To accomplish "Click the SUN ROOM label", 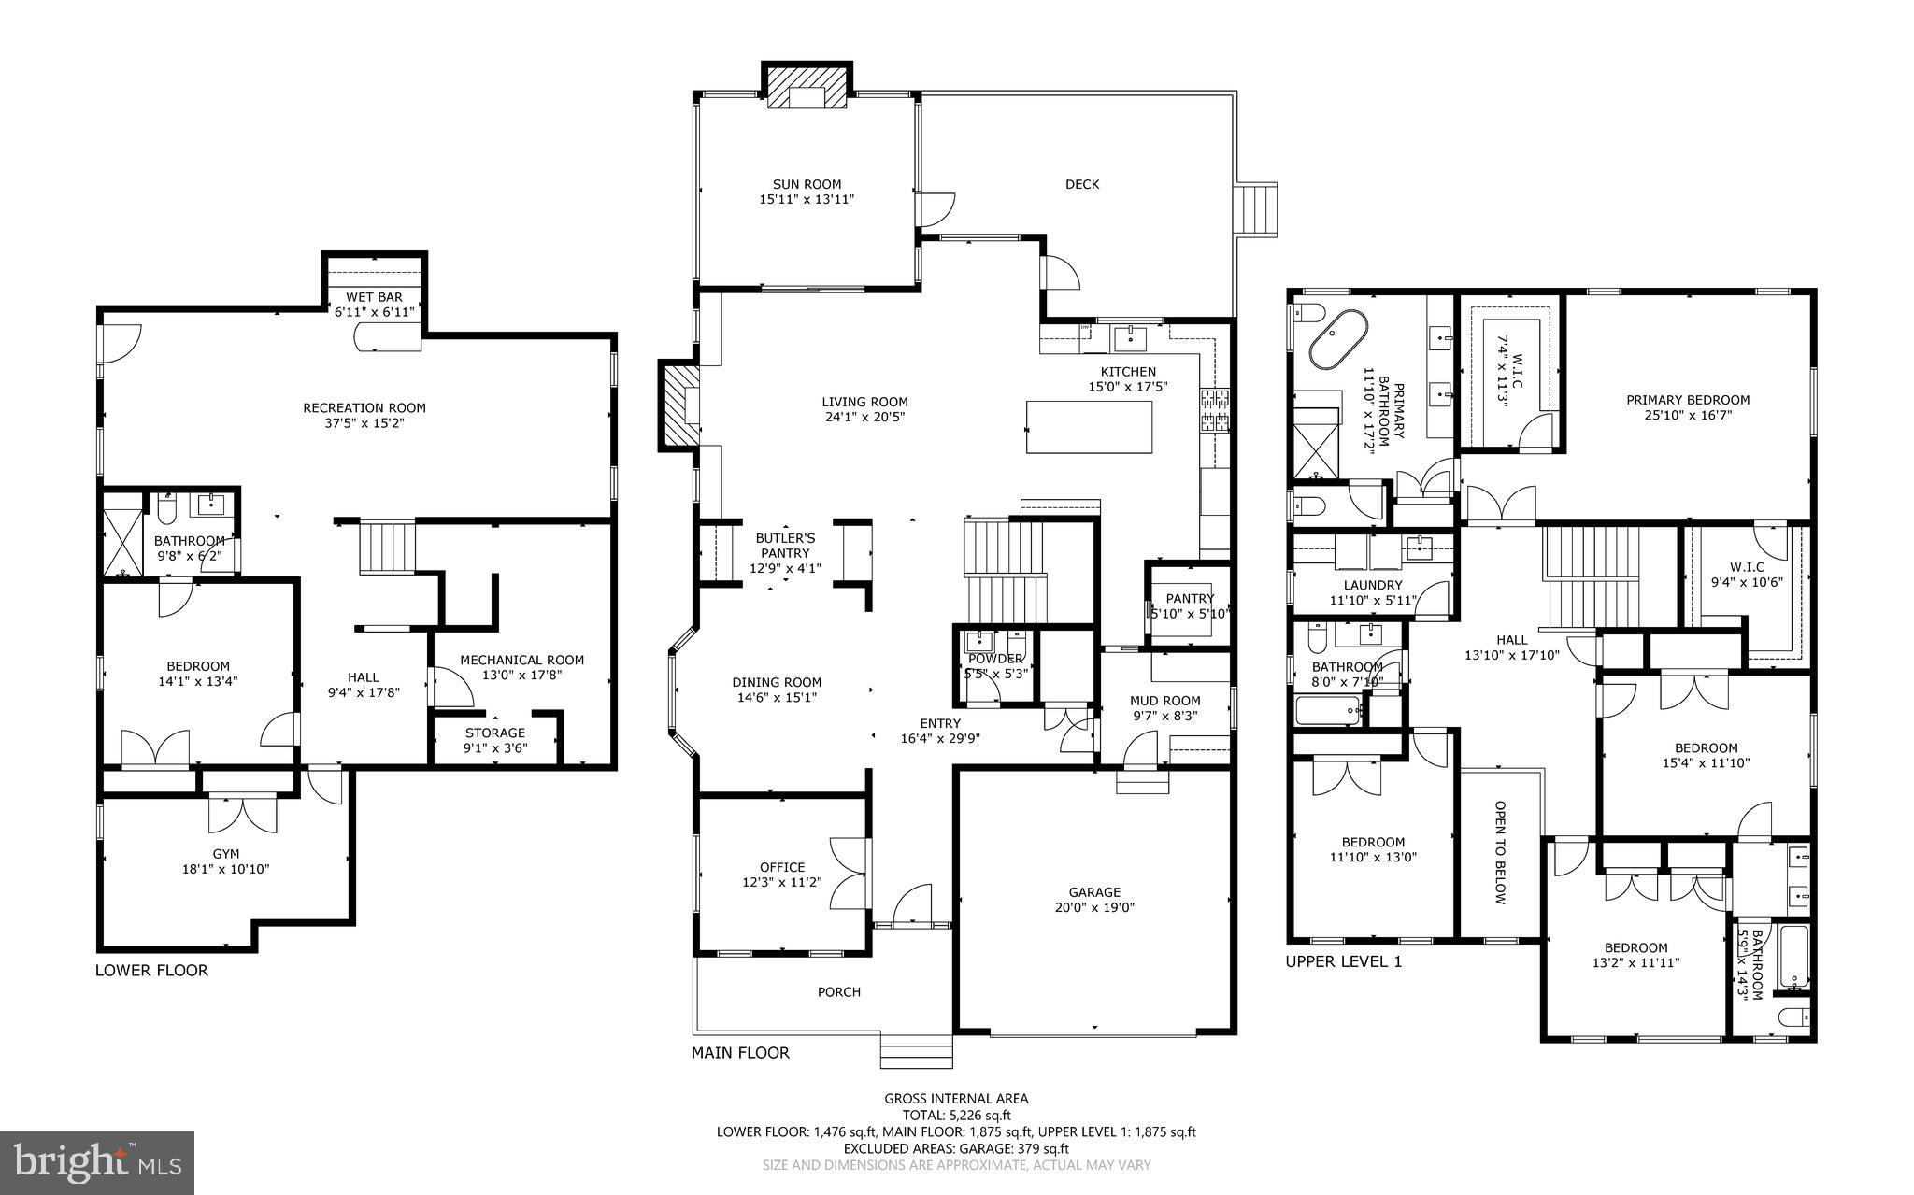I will (806, 184).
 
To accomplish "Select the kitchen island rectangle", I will (1089, 426).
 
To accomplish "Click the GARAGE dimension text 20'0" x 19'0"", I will (1094, 907).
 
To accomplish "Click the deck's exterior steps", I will (1257, 209).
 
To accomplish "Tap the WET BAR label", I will (374, 297).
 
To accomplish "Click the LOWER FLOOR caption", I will (151, 971).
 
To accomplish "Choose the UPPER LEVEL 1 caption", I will (1343, 961).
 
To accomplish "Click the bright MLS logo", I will (97, 1163).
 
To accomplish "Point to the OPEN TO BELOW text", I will (1500, 852).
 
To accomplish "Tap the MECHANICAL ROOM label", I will (521, 660).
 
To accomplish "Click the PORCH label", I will (838, 992).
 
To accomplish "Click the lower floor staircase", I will (387, 548).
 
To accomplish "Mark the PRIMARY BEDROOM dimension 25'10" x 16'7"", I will (1688, 415).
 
